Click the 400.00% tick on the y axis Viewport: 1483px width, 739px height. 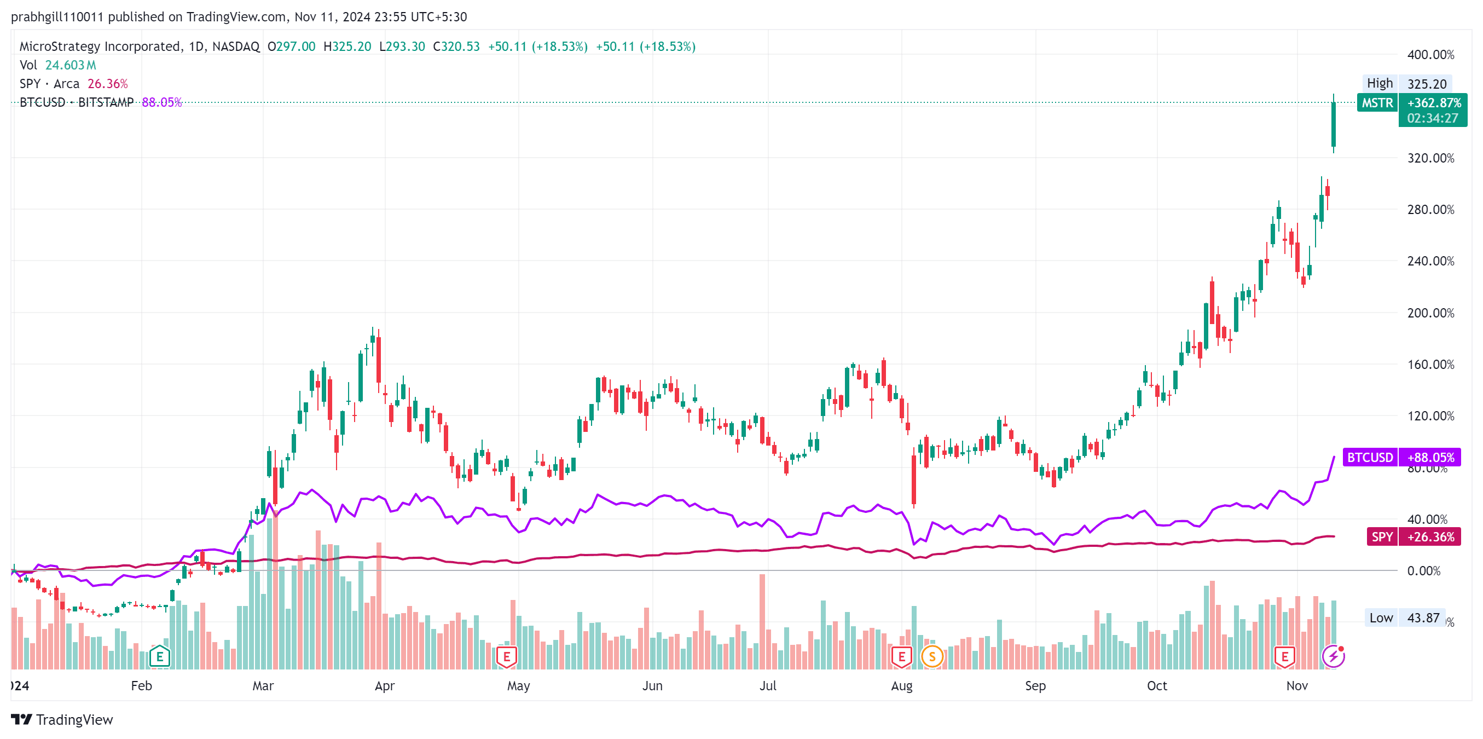coord(1430,55)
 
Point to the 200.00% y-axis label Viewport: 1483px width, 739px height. coord(1430,313)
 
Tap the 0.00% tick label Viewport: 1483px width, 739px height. coord(1423,571)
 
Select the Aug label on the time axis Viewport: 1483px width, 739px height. coord(901,685)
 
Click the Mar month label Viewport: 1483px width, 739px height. coord(263,685)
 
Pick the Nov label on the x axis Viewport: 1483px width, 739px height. coord(1296,685)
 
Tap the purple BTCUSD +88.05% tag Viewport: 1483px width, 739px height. coord(1401,457)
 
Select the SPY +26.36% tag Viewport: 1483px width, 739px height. coord(1414,537)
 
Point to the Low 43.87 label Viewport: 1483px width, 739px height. coord(1404,617)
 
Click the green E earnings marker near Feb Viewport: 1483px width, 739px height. coord(159,656)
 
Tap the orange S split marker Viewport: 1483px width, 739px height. coord(932,656)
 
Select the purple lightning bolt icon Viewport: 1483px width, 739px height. coord(1333,656)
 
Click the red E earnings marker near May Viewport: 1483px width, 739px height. coord(507,656)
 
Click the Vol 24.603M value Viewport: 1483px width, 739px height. coord(70,65)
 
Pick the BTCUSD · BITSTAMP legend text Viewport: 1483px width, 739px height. coord(76,102)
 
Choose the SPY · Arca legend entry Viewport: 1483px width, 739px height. coord(49,84)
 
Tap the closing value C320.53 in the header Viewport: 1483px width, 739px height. coord(456,47)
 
